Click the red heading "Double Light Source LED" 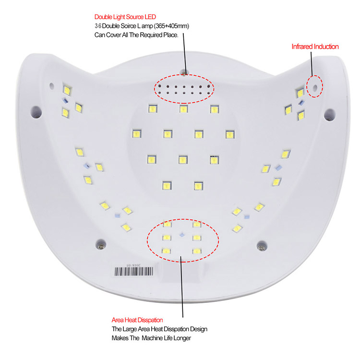point(125,17)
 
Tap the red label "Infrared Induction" point(315,47)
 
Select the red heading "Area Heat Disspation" point(137,320)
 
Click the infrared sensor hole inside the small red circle point(315,87)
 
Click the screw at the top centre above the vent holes point(184,73)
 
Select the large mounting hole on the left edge point(36,112)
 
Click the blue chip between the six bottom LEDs point(181,235)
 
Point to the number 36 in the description point(98,26)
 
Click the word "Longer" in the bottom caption point(182,338)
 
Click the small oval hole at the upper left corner point(52,86)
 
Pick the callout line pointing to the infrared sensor point(312,63)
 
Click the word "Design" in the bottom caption point(199,329)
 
